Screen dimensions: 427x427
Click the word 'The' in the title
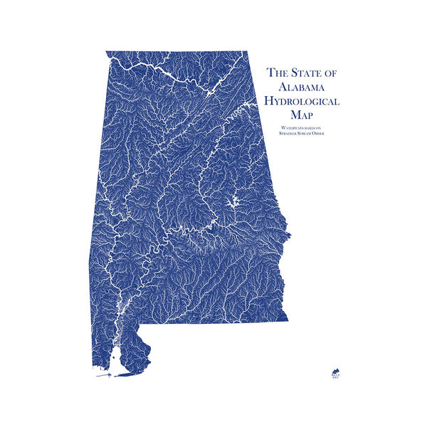pyautogui.click(x=275, y=72)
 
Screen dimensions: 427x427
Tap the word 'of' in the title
pyautogui.click(x=332, y=72)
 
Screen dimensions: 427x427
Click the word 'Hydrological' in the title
pyautogui.click(x=302, y=100)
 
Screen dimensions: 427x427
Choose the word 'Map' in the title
pyautogui.click(x=302, y=115)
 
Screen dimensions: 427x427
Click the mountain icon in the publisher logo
pyautogui.click(x=335, y=371)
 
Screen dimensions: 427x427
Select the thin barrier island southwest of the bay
pyautogui.click(x=104, y=376)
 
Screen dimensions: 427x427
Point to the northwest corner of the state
pyautogui.click(x=107, y=52)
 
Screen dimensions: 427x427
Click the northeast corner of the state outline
pyautogui.click(x=246, y=52)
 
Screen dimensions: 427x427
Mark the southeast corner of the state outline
pyautogui.click(x=288, y=320)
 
